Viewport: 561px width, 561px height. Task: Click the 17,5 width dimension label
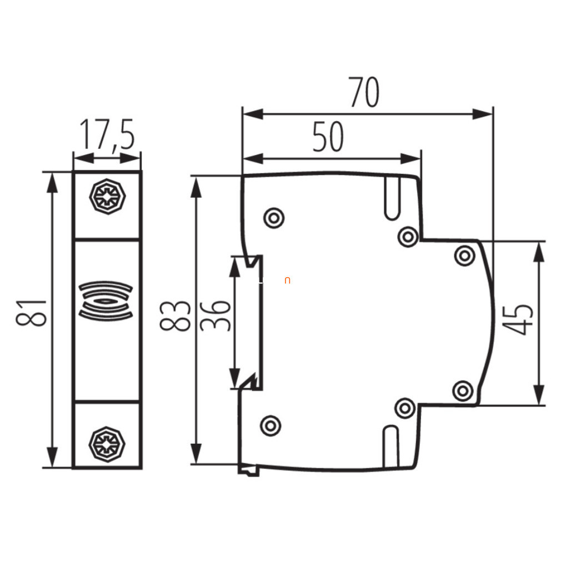point(107,135)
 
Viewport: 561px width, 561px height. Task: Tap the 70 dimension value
point(364,92)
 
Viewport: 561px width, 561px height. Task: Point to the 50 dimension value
point(328,136)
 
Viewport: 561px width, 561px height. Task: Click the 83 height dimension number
point(175,316)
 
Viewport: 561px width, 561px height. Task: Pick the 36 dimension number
point(215,316)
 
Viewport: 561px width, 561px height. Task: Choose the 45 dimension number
point(517,319)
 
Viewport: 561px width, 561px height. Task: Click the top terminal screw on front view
point(107,197)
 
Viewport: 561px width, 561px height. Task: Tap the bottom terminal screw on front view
point(107,444)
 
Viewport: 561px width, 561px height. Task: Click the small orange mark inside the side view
point(287,280)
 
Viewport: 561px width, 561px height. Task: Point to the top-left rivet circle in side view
point(274,218)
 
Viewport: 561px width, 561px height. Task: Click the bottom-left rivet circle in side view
point(271,426)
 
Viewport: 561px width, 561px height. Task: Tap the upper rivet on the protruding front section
point(464,256)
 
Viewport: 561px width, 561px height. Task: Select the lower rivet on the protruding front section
point(463,391)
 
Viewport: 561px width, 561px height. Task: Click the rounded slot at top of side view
point(393,198)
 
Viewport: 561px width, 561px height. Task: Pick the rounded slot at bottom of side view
point(390,447)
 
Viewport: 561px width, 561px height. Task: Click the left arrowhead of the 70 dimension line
point(253,114)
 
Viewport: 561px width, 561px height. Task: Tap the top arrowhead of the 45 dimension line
point(539,252)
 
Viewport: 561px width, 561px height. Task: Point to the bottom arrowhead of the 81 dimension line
point(53,457)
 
